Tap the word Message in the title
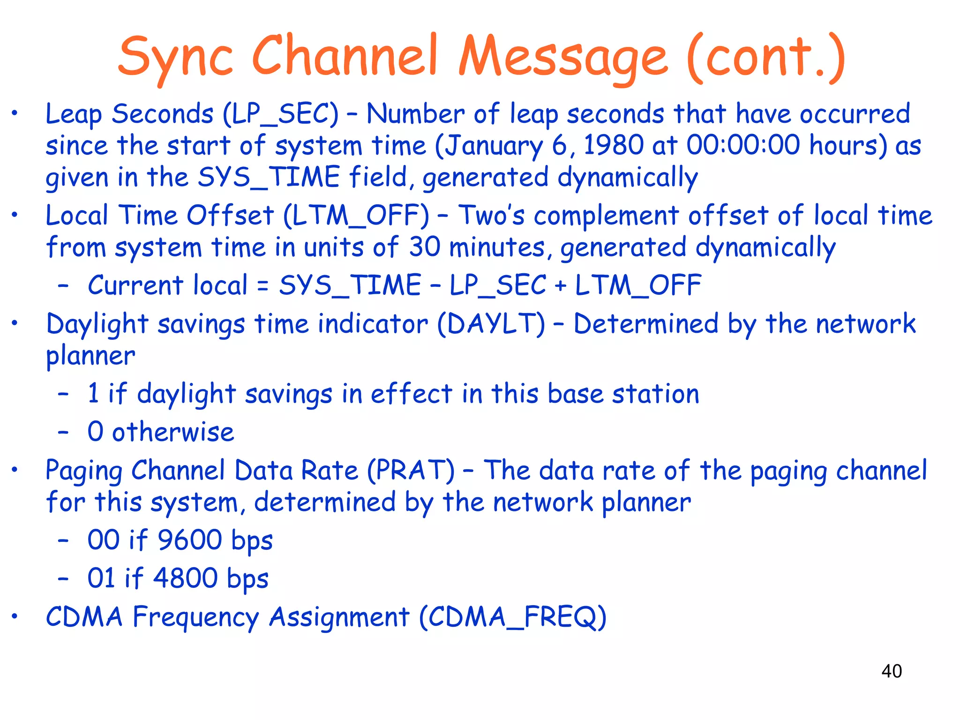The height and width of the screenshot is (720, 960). (562, 57)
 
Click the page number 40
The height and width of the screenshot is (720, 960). (891, 671)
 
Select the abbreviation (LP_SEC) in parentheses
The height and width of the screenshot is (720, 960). (280, 114)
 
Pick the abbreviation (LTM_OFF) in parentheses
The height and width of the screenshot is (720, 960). (356, 216)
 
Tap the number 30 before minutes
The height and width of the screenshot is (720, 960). (425, 247)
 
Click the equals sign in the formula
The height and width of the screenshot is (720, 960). (263, 286)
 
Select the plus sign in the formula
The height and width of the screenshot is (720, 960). (560, 286)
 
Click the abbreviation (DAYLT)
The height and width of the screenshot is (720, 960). (491, 324)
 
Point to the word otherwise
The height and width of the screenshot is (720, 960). (173, 432)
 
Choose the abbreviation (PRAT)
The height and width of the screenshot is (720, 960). (411, 471)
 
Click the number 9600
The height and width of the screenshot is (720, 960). (189, 540)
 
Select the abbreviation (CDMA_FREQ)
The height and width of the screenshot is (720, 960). (512, 617)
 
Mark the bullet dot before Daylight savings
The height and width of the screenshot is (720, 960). (15, 323)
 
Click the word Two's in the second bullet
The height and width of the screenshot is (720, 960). (491, 216)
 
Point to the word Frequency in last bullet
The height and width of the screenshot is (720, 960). (195, 617)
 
